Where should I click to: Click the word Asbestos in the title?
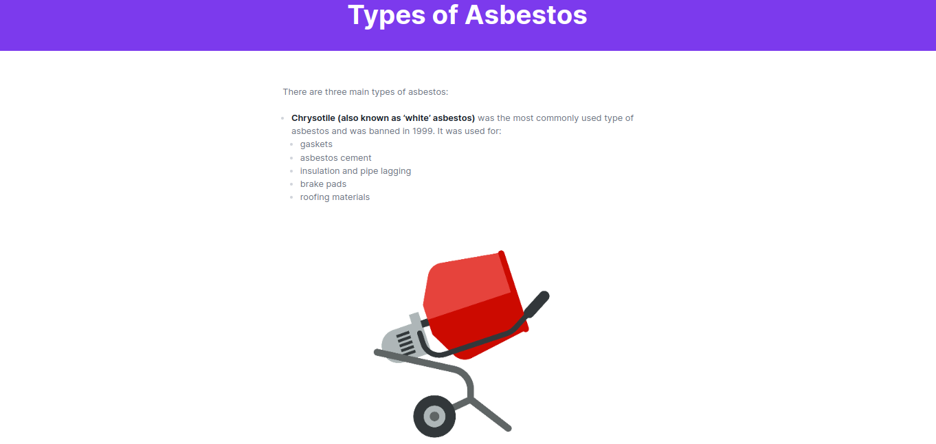tap(526, 15)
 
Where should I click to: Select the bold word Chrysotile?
tap(313, 118)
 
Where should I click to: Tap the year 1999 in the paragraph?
tap(423, 131)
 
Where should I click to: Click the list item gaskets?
tap(316, 144)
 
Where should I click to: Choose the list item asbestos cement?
tap(335, 158)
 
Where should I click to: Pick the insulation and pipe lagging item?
tap(355, 171)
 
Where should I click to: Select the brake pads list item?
tap(323, 184)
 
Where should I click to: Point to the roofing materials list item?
tap(335, 197)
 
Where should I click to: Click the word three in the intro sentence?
tap(335, 92)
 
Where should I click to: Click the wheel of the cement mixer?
tap(434, 417)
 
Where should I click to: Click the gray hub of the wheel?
tap(434, 417)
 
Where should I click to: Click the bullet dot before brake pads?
tap(291, 184)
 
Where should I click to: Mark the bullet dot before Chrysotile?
tap(283, 118)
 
